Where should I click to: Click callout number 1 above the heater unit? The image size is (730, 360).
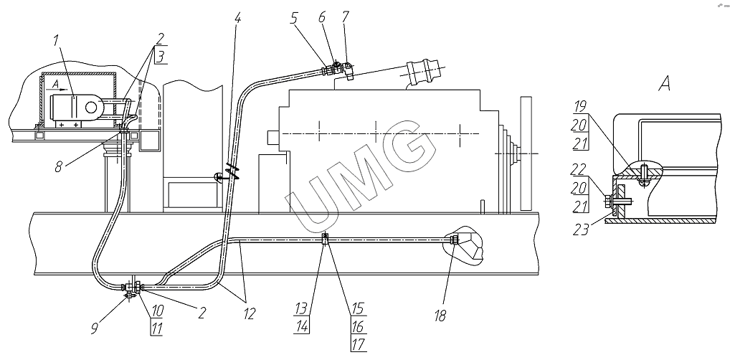point(57,41)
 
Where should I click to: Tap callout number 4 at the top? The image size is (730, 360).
point(238,18)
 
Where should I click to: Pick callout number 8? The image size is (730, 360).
point(58,166)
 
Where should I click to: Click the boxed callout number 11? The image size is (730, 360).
point(156,328)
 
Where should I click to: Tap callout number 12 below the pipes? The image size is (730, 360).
point(249,314)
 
